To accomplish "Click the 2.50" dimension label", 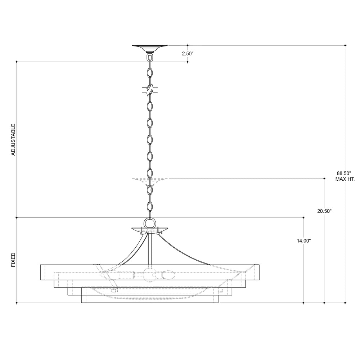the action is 188,54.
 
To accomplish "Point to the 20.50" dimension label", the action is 324,211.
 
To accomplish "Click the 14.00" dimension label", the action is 304,241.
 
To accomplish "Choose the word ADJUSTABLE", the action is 13,140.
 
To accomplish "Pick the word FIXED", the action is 13,260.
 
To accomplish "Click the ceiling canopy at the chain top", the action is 150,49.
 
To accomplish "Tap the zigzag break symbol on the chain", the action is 150,90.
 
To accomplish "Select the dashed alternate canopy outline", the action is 150,181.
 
